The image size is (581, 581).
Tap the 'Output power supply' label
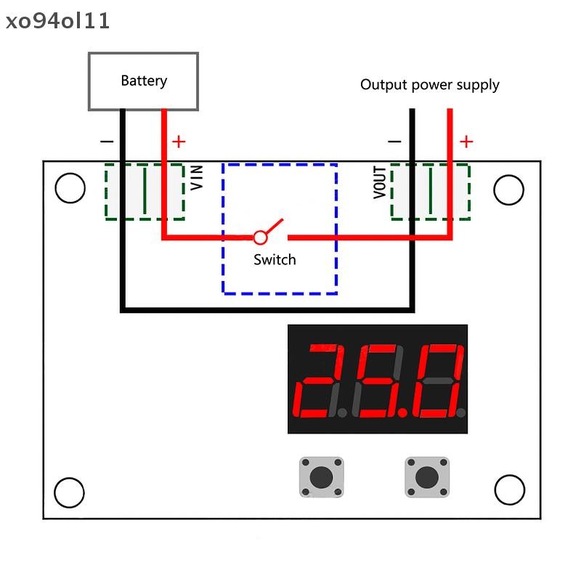pos(429,85)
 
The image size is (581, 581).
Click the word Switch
pos(275,260)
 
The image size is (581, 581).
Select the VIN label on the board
pos(196,177)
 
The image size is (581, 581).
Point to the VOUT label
pos(379,182)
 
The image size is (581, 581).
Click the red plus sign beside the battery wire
pos(179,142)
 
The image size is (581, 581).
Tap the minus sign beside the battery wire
pos(107,141)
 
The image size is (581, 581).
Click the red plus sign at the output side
pos(466,142)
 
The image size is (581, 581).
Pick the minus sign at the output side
pos(394,141)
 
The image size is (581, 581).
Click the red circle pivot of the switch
pos(260,237)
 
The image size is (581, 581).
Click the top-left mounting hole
pos(70,188)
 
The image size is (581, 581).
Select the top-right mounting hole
pos(509,190)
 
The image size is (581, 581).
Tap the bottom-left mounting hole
pos(69,492)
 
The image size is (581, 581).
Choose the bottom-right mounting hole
pos(510,489)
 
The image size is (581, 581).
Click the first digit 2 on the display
pos(315,381)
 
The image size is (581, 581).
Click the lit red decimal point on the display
pos(402,412)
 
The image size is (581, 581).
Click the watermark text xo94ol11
pos(58,21)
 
